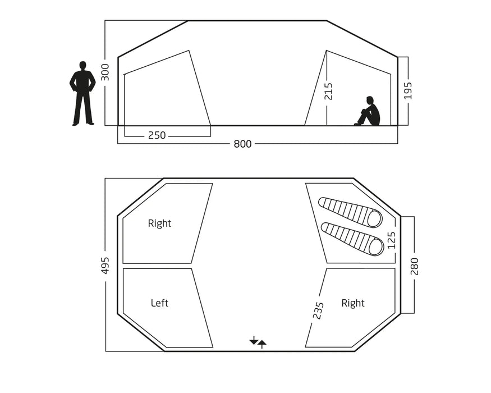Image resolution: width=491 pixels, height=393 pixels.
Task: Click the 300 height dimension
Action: tap(105, 72)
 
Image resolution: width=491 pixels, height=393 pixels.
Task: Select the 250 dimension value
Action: tap(157, 135)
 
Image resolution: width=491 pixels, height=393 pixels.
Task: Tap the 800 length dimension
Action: tap(242, 144)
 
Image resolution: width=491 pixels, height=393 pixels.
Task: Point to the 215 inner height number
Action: tap(329, 91)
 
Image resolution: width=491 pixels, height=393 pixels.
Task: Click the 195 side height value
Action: tap(408, 90)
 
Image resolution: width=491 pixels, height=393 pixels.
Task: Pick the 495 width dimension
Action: tap(105, 266)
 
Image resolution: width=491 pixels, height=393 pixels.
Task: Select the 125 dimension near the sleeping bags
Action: tap(391, 241)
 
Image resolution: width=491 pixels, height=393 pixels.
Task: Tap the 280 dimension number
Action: tap(415, 266)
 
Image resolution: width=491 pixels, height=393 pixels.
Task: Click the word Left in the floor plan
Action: tap(159, 303)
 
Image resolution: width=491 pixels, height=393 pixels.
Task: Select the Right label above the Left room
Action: tap(159, 223)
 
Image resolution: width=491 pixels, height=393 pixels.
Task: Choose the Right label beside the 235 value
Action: tap(353, 303)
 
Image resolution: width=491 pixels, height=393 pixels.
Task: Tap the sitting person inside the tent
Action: tap(369, 112)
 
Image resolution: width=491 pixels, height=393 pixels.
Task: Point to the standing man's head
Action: tap(82, 65)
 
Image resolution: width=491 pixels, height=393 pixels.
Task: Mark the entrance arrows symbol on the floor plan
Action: tap(258, 341)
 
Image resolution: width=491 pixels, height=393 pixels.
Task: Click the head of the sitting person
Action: tap(370, 100)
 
